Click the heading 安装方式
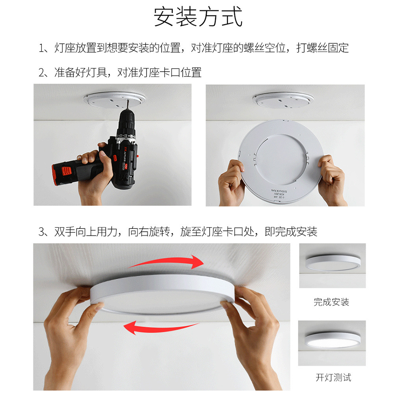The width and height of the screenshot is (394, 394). pyautogui.click(x=198, y=17)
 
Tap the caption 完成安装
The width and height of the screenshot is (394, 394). pyautogui.click(x=331, y=302)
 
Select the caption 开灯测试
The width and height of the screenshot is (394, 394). pyautogui.click(x=333, y=377)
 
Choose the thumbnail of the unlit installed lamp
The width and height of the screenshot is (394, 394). pyautogui.click(x=332, y=265)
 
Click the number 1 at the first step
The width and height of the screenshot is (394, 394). pyautogui.click(x=42, y=48)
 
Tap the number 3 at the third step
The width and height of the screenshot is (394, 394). pyautogui.click(x=42, y=232)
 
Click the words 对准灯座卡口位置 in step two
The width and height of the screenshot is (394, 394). pyautogui.click(x=159, y=72)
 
